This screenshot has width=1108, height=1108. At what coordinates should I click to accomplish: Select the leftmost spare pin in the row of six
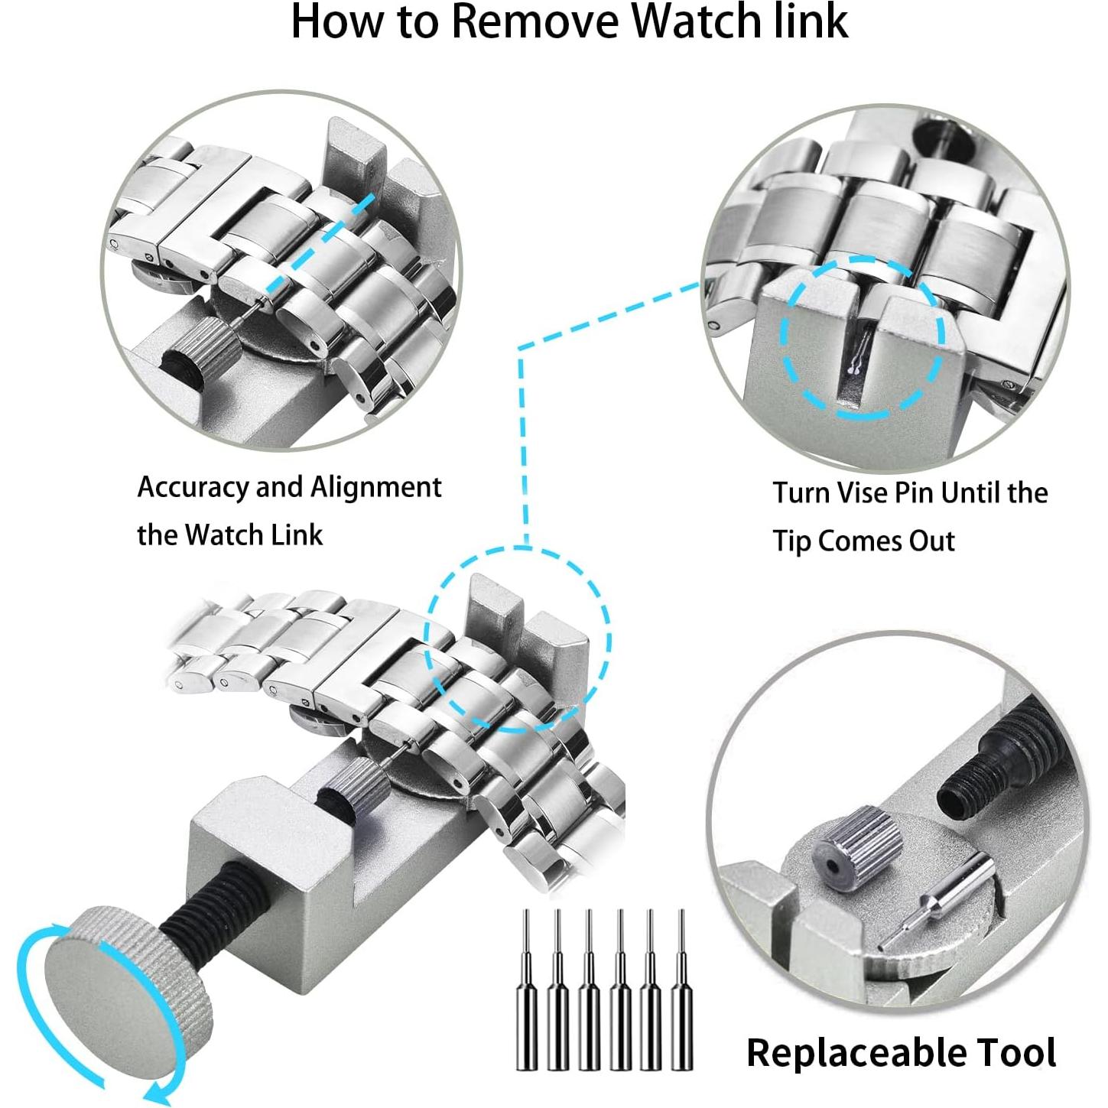pyautogui.click(x=526, y=994)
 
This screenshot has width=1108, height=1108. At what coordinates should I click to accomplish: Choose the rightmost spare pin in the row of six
pyautogui.click(x=680, y=994)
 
